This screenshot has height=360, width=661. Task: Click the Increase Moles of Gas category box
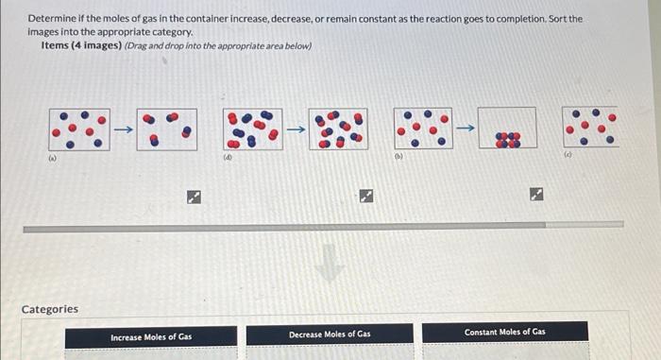point(151,336)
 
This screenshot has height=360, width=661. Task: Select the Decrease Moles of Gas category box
point(330,334)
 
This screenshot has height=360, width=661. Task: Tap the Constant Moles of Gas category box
point(504,333)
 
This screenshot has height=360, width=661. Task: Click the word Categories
point(50,309)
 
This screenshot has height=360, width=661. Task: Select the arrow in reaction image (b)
point(465,128)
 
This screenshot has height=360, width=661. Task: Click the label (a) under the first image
point(54,159)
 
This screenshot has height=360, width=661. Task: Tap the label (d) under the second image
point(228,159)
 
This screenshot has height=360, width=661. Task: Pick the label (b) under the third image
point(398,158)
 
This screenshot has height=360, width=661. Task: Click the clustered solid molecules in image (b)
point(508,139)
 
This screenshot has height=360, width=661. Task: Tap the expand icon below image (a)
point(192,197)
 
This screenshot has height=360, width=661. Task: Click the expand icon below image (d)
point(365,197)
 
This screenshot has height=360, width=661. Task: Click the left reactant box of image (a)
point(78,129)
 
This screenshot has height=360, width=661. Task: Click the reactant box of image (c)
point(589,127)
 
